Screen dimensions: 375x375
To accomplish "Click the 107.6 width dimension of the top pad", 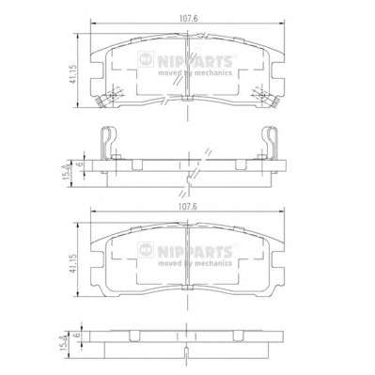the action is (188, 19).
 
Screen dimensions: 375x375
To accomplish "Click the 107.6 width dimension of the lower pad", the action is (188, 207).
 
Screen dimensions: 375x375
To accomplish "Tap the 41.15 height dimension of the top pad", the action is (72, 74).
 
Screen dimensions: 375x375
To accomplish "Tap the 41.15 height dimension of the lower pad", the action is (72, 263).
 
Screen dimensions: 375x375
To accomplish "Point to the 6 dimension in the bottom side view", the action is (75, 335).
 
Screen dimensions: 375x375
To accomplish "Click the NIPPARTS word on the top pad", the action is (195, 61).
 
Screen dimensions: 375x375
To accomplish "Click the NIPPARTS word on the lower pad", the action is (195, 252).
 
